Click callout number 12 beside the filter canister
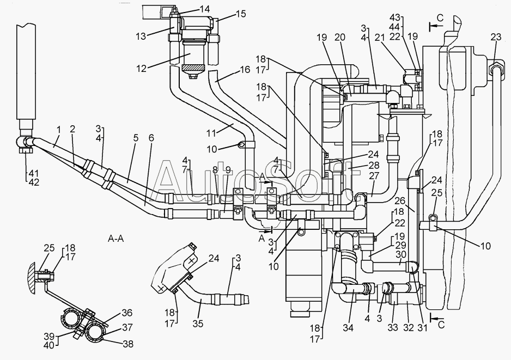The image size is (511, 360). click(142, 69)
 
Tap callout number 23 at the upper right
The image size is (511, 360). click(496, 37)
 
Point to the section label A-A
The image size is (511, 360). click(116, 239)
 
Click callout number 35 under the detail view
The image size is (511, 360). click(198, 324)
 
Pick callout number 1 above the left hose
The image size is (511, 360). click(59, 130)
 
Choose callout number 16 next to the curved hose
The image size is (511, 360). click(245, 70)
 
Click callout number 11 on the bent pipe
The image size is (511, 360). click(211, 133)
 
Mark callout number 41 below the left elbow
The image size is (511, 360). click(33, 173)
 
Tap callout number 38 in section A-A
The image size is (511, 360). click(128, 344)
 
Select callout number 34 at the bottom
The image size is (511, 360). click(348, 327)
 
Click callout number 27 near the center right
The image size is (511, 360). click(374, 176)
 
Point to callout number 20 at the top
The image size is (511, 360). click(339, 37)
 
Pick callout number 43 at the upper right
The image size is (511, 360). click(396, 17)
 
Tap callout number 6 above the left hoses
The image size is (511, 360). click(151, 138)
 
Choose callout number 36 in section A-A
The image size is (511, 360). click(127, 313)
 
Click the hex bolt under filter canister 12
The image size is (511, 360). click(193, 77)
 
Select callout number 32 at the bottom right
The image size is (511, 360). click(409, 327)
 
